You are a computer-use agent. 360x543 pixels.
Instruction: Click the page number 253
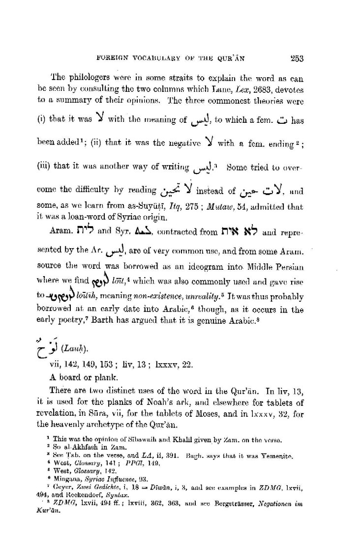297,58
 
